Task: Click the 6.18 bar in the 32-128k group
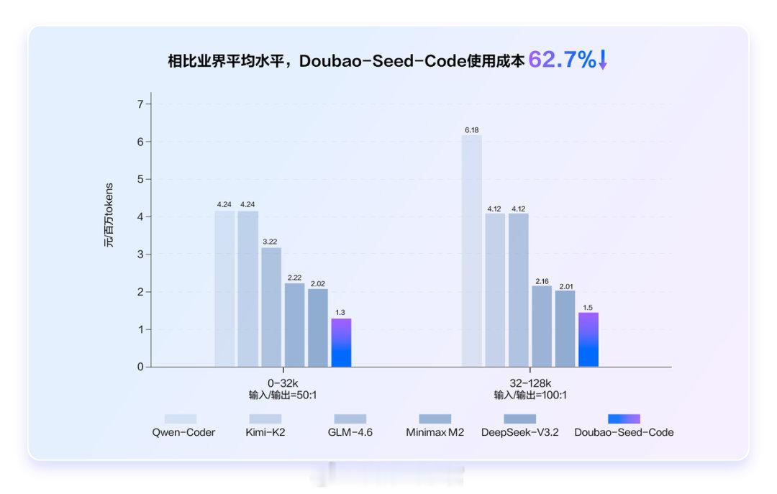tap(472, 251)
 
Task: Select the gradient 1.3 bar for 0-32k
tap(341, 343)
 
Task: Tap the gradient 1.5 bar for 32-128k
tap(589, 339)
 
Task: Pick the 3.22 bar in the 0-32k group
tap(271, 307)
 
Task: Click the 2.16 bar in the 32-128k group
tap(542, 326)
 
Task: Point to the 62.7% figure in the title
tap(562, 60)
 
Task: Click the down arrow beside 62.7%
tap(603, 60)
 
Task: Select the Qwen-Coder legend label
tap(183, 433)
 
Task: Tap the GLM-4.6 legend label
tap(350, 433)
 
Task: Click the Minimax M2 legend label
tap(435, 433)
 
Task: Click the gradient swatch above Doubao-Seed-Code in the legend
tap(624, 418)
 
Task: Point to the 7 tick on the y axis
tap(140, 104)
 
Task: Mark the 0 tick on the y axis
tap(140, 367)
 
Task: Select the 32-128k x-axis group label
tap(530, 383)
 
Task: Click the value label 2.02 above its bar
tap(318, 283)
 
